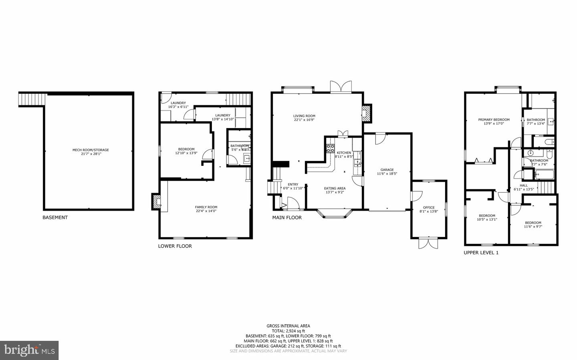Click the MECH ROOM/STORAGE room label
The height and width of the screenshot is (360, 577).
(91, 150)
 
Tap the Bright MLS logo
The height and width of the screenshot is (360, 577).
(29, 350)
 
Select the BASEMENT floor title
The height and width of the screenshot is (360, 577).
(55, 217)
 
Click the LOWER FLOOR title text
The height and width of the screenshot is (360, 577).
(175, 246)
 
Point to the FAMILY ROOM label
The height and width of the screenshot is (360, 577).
(206, 207)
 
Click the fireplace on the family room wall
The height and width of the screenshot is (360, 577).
(155, 201)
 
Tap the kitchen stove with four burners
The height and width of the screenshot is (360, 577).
(331, 149)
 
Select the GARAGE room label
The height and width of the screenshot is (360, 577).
(387, 170)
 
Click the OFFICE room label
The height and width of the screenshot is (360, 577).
(429, 207)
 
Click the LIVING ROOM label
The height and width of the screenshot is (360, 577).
(304, 116)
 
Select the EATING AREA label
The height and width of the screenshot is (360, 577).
(335, 188)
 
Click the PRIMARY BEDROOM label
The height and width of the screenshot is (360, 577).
(494, 120)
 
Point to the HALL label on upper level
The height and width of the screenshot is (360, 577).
(524, 185)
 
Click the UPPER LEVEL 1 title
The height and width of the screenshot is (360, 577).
(481, 253)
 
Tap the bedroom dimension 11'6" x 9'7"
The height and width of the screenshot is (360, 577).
(533, 227)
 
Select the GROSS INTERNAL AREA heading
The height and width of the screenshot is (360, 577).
(288, 326)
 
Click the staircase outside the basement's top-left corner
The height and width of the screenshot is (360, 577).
(32, 99)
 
